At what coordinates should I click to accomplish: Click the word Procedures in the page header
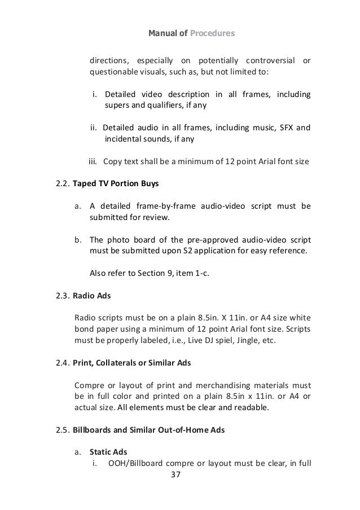click(211, 33)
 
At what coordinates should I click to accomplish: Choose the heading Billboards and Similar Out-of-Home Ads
click(149, 430)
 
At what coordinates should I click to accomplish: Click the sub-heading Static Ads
click(109, 452)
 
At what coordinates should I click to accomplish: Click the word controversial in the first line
click(270, 61)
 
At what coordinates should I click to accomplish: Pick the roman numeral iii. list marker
click(94, 161)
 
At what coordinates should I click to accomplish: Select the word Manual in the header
click(161, 33)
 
